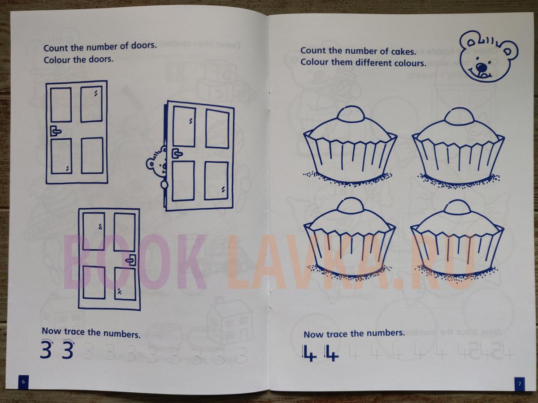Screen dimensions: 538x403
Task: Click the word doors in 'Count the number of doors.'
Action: pyautogui.click(x=143, y=46)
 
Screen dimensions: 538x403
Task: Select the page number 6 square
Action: pyautogui.click(x=23, y=382)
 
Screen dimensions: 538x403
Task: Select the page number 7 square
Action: pyautogui.click(x=520, y=384)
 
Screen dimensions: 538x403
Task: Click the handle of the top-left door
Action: pyautogui.click(x=56, y=131)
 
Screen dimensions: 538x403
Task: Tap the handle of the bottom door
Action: pyautogui.click(x=130, y=260)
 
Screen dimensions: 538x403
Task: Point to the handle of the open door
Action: pyautogui.click(x=177, y=154)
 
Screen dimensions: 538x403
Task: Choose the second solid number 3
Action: pyautogui.click(x=67, y=350)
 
